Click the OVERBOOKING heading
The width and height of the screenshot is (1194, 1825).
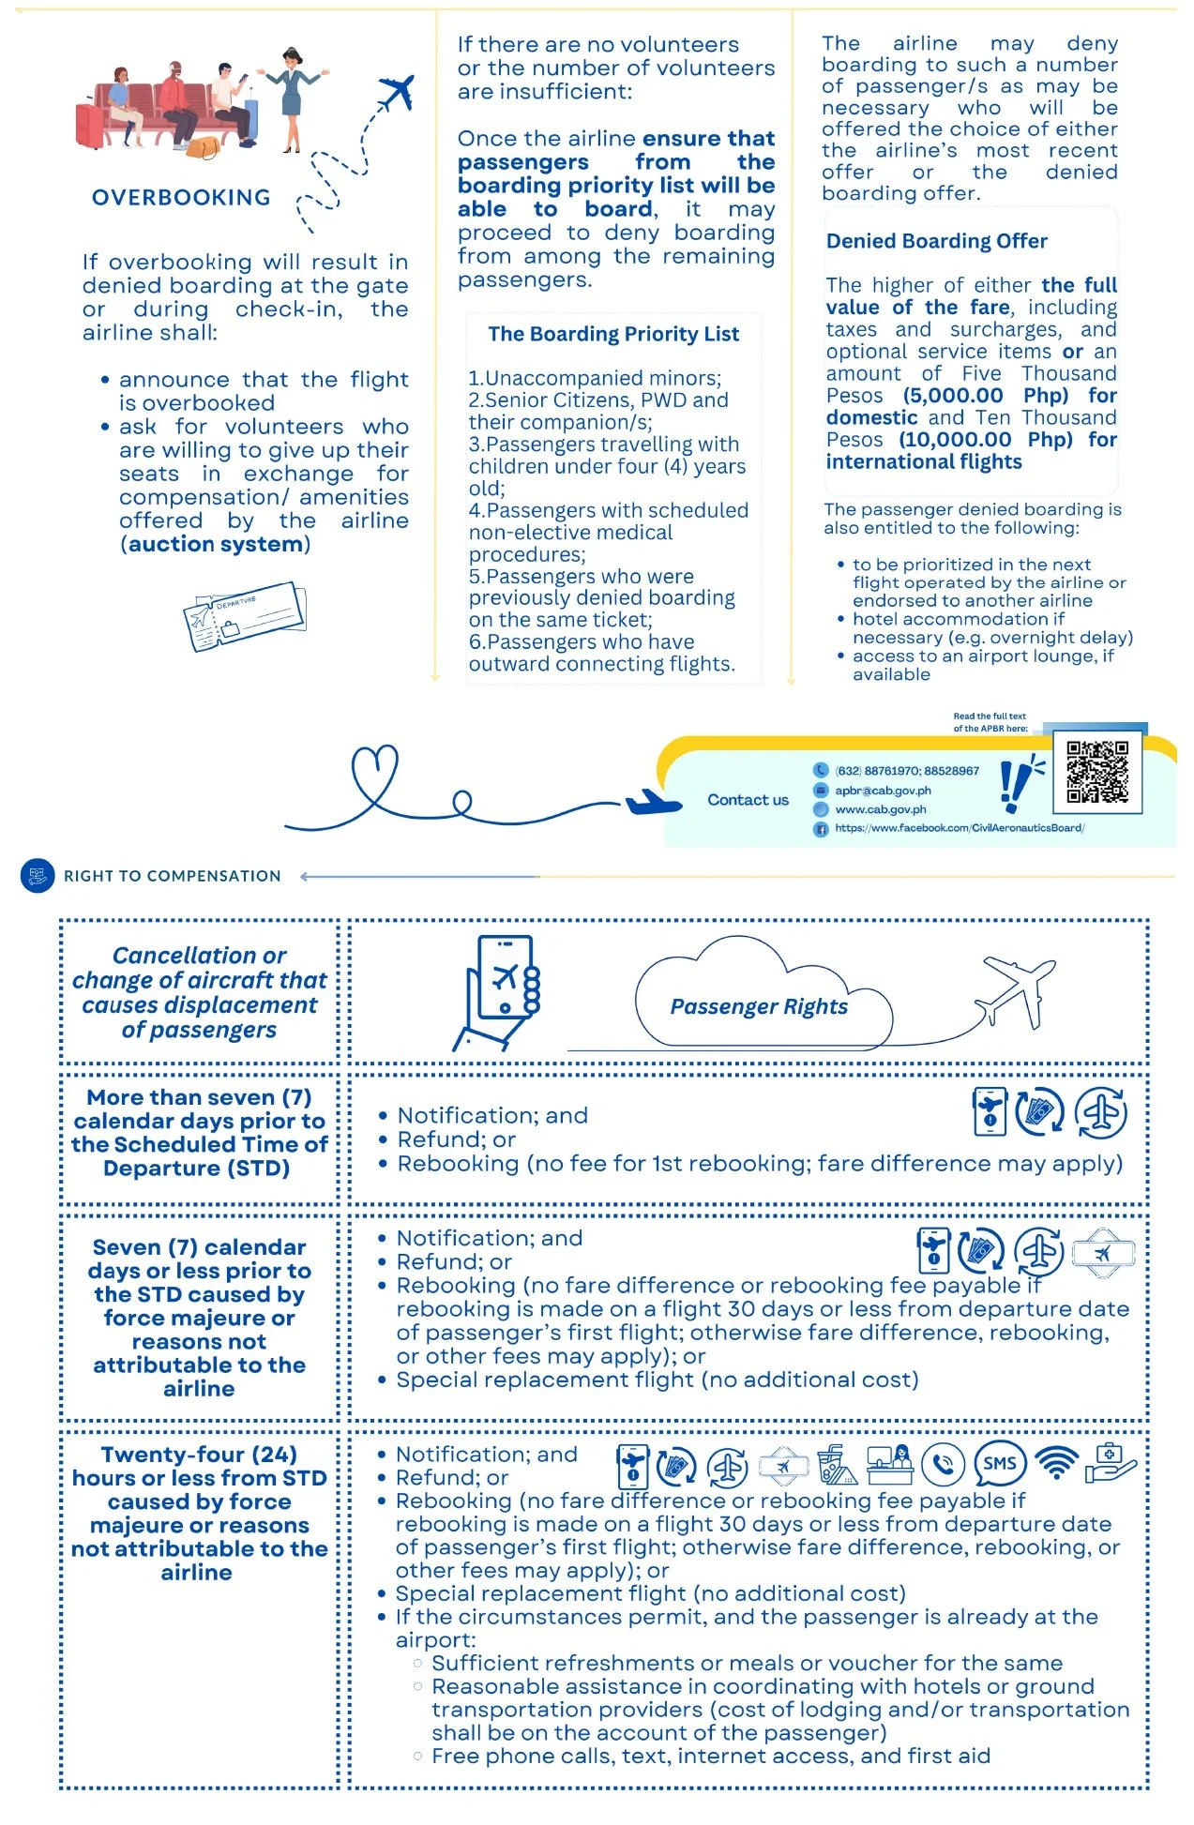pyautogui.click(x=181, y=198)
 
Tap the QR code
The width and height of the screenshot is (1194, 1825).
pyautogui.click(x=1096, y=772)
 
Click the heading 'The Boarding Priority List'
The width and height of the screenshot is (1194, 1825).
pyautogui.click(x=613, y=334)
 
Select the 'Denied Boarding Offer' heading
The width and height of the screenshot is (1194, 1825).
pyautogui.click(x=936, y=241)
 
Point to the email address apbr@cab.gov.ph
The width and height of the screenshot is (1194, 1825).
pyautogui.click(x=883, y=791)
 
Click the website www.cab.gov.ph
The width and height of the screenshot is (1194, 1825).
pyautogui.click(x=880, y=809)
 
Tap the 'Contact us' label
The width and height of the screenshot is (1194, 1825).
pyautogui.click(x=748, y=800)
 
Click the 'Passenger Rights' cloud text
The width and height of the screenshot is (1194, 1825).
pyautogui.click(x=758, y=1007)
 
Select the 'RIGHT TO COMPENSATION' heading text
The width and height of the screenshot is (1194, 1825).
pyautogui.click(x=172, y=876)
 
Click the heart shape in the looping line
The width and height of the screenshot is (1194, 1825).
pyautogui.click(x=374, y=771)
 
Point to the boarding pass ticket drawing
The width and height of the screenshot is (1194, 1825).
pyautogui.click(x=245, y=616)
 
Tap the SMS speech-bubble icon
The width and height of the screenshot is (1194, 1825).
pyautogui.click(x=999, y=1464)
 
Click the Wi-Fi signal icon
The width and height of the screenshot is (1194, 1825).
pyautogui.click(x=1056, y=1463)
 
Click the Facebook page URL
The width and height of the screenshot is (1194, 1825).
pyautogui.click(x=959, y=828)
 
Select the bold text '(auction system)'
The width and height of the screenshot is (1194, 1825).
pyautogui.click(x=215, y=545)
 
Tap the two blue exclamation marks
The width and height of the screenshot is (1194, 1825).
pyautogui.click(x=1015, y=783)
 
